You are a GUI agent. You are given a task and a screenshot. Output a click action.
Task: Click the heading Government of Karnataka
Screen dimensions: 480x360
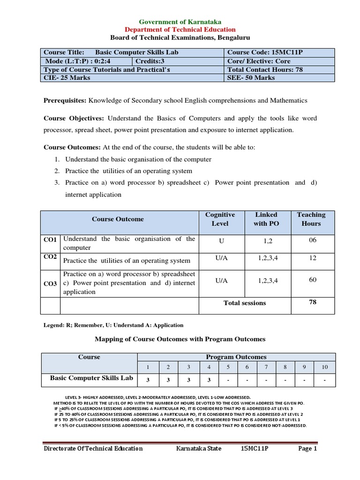tap(180, 22)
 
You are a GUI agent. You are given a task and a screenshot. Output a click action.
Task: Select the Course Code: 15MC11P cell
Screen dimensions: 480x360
tap(265, 52)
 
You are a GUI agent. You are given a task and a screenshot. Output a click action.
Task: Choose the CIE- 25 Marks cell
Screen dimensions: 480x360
tap(67, 78)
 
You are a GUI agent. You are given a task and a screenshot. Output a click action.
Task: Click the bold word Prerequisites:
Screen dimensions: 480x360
tap(65, 100)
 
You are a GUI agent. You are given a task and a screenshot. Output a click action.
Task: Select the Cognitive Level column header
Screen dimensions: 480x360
tap(220, 219)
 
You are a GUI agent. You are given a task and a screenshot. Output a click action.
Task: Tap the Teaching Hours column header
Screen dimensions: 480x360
tap(311, 219)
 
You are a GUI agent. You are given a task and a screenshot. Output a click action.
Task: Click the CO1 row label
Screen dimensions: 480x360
tap(50, 240)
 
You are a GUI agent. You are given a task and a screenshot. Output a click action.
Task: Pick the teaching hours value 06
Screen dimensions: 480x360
tap(313, 240)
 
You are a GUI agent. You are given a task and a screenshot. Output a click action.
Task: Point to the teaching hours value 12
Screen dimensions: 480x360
tap(313, 258)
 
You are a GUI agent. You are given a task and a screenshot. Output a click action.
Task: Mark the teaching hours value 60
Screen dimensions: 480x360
tap(313, 280)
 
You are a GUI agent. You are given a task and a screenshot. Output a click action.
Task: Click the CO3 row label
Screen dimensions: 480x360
tap(50, 284)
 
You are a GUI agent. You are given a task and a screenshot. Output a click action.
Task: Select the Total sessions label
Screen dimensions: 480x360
tap(245, 303)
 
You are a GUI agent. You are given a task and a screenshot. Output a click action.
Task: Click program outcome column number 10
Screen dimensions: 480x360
tap(324, 367)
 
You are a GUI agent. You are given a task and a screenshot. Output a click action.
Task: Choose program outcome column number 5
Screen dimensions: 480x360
tap(228, 367)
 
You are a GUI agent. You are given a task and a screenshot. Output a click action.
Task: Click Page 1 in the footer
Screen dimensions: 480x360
tap(308, 449)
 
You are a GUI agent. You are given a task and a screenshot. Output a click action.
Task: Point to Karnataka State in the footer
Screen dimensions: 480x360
tap(198, 449)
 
